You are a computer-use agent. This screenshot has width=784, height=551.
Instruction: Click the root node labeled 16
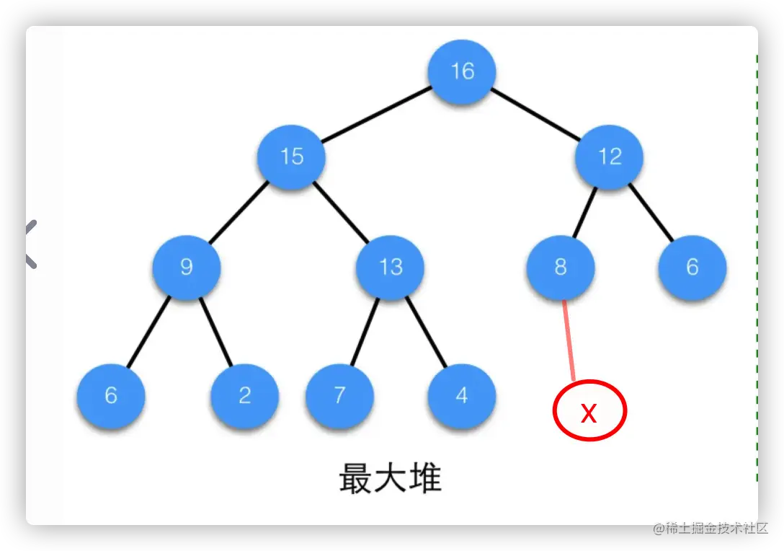pos(462,71)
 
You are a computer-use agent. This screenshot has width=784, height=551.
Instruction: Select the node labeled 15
pos(292,157)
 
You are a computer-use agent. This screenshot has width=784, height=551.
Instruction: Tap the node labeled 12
pos(610,157)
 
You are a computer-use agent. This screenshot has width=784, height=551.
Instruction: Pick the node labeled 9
pos(186,268)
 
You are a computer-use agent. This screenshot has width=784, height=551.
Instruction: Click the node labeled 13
pos(391,268)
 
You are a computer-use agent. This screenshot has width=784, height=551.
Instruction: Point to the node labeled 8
pos(561,268)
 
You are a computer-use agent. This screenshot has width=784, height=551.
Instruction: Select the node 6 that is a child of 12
pos(692,268)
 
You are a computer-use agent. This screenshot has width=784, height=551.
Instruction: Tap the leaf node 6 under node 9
pos(111,396)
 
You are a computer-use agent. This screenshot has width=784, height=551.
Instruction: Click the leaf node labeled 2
pos(245,396)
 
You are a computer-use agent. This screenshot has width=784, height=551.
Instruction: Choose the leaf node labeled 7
pos(339,396)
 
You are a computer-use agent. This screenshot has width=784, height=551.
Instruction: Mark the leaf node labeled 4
pos(462,396)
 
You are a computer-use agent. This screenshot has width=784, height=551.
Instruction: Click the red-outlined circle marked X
pos(589,411)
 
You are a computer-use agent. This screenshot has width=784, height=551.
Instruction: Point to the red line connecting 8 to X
pos(569,339)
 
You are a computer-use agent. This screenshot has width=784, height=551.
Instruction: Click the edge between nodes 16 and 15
pos(376,114)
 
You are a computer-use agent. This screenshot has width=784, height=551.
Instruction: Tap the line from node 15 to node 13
pos(342,212)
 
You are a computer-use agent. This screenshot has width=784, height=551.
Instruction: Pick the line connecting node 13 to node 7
pos(365,332)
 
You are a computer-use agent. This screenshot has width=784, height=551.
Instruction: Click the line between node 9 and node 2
pos(215,332)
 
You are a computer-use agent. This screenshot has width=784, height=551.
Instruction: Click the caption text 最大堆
pos(390,478)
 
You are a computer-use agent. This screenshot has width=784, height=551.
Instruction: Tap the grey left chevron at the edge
pos(29,244)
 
